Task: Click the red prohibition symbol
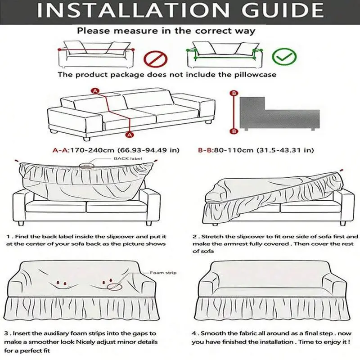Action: pyautogui.click(x=155, y=59)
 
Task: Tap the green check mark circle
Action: pyautogui.click(x=284, y=57)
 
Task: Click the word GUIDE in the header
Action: pyautogui.click(x=283, y=10)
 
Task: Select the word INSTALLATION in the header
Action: pyautogui.click(x=133, y=10)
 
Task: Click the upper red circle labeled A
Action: pyautogui.click(x=95, y=91)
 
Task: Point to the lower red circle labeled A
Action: pyautogui.click(x=130, y=135)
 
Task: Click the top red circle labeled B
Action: pyautogui.click(x=234, y=93)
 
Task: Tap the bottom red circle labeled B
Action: pyautogui.click(x=234, y=131)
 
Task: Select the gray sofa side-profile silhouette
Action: pyautogui.click(x=279, y=114)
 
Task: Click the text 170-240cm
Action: pyautogui.click(x=92, y=150)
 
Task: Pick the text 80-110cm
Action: pyautogui.click(x=234, y=150)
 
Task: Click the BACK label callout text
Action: pyautogui.click(x=128, y=158)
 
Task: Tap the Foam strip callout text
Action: pyautogui.click(x=163, y=273)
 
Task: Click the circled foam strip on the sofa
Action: pyautogui.click(x=114, y=287)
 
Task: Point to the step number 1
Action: pyautogui.click(x=8, y=237)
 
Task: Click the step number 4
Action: pyautogui.click(x=194, y=333)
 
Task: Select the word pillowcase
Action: pyautogui.click(x=255, y=75)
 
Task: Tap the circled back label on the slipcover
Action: pyautogui.click(x=86, y=165)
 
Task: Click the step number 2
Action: pyautogui.click(x=195, y=237)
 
